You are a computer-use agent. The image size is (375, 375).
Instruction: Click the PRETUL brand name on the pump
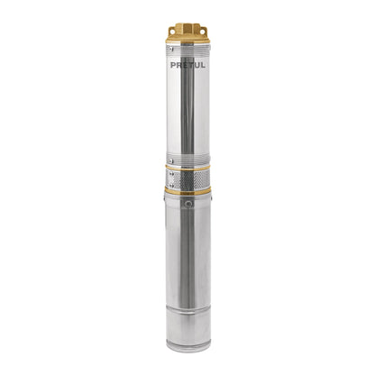187,65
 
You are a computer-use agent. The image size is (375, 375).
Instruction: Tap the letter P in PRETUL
173,65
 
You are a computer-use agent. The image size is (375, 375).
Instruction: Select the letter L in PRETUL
203,65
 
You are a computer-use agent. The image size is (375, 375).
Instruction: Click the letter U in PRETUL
197,65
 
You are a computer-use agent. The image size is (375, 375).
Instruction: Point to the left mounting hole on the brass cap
172,31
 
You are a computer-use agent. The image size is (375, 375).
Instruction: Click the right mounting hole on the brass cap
203,32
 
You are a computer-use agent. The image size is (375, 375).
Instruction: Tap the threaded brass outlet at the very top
187,27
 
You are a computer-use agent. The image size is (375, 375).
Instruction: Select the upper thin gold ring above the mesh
187,168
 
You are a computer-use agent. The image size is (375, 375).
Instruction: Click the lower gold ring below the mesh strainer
187,190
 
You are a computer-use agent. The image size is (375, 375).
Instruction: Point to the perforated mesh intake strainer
187,178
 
